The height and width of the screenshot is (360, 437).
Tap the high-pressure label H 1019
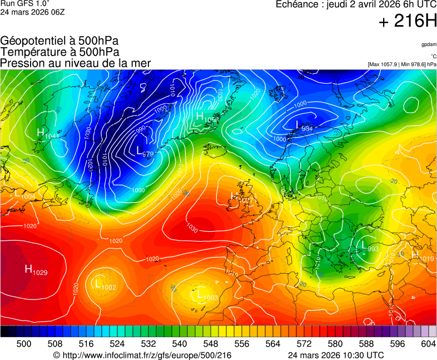pyautogui.click(x=422, y=256)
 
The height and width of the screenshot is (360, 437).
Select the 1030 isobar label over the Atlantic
pyautogui.click(x=192, y=228)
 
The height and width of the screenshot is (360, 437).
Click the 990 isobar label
pyautogui.click(x=140, y=128)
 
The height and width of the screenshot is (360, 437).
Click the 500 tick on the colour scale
pyautogui.click(x=24, y=344)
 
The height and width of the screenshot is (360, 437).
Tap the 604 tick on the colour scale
pyautogui.click(x=428, y=344)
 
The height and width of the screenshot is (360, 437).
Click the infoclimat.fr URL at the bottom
pyautogui.click(x=141, y=355)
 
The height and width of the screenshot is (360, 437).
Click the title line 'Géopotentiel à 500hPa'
pyautogui.click(x=59, y=41)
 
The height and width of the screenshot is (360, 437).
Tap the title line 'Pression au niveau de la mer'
pyautogui.click(x=76, y=63)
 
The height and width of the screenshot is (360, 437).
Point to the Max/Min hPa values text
pyautogui.click(x=402, y=64)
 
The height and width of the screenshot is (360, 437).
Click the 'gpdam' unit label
pyautogui.click(x=429, y=44)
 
